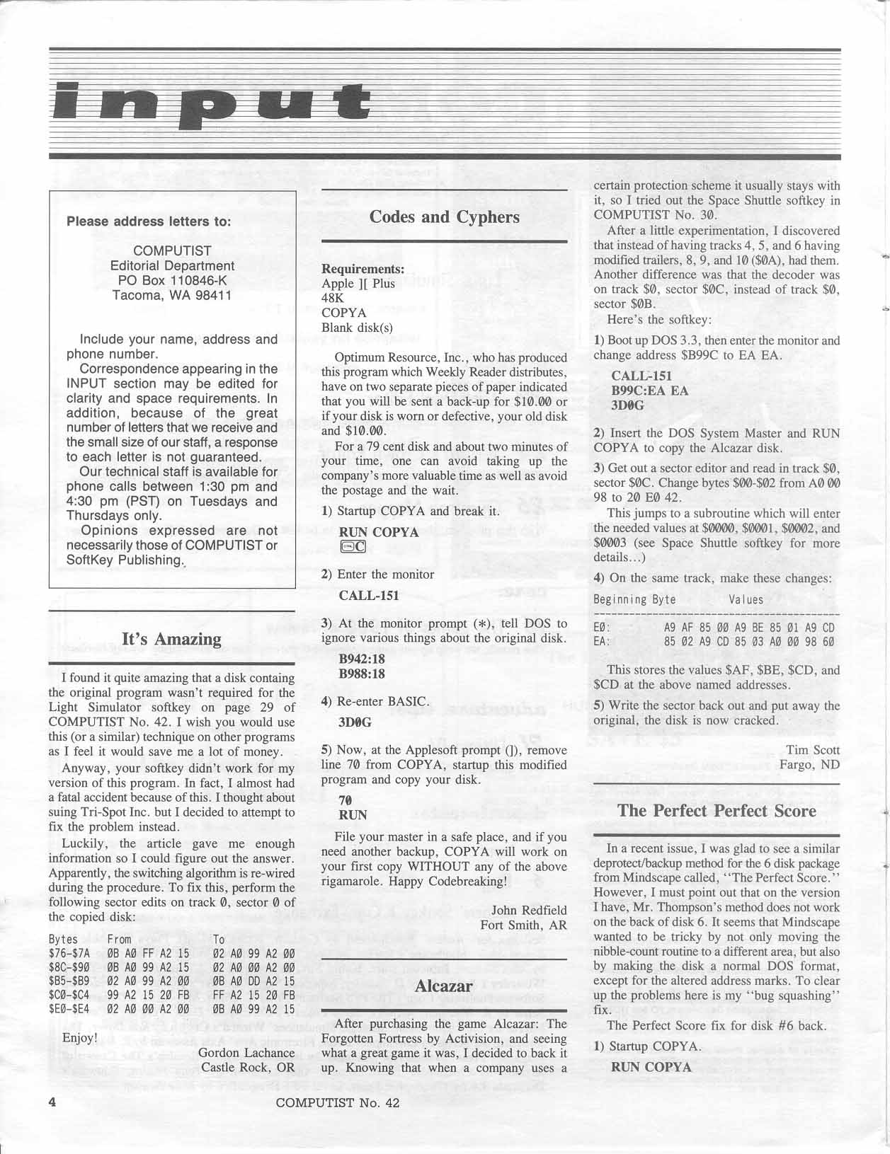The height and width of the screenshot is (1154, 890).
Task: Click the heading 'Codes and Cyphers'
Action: tap(444, 217)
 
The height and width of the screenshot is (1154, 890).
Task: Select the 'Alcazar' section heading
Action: tap(444, 986)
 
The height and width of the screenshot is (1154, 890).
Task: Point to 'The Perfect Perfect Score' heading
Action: tap(717, 811)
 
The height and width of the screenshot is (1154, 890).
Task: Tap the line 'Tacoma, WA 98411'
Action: tap(172, 295)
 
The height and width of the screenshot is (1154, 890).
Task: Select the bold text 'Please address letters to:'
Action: tap(149, 221)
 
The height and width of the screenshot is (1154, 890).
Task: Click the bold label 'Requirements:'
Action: tap(363, 269)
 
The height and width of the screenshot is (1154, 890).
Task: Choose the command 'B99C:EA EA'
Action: tap(649, 391)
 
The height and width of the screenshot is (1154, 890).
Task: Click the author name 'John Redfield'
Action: tap(529, 910)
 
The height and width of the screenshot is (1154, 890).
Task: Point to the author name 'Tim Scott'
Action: tap(813, 750)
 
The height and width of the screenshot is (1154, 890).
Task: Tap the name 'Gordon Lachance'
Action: tap(247, 1052)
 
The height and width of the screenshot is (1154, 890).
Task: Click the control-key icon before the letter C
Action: tap(347, 546)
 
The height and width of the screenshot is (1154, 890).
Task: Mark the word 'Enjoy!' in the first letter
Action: tap(80, 1037)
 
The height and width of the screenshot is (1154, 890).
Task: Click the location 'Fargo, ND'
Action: tap(809, 765)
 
